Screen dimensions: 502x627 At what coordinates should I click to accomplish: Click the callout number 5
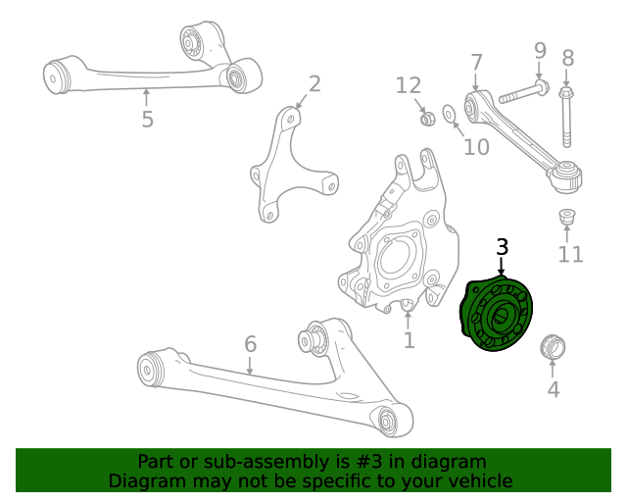coord(147,120)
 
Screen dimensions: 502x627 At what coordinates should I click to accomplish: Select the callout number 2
coord(314,84)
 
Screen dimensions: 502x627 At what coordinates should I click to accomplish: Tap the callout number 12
coord(409,86)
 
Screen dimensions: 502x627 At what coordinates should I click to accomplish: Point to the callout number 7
coord(476,63)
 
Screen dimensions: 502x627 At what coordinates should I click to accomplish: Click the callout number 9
coord(539,50)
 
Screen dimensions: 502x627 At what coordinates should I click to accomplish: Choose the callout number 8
coord(567,58)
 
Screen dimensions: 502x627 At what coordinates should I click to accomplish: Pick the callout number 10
coord(476,147)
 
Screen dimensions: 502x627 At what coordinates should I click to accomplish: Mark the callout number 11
coord(570,255)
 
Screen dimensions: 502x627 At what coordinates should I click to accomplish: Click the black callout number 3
coord(502,247)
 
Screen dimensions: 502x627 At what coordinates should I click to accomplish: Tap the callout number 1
coord(409,340)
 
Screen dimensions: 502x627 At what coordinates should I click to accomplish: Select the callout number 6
coord(250,344)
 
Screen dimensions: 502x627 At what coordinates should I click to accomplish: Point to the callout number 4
coord(554,389)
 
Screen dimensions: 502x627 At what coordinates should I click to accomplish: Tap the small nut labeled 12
coord(427,119)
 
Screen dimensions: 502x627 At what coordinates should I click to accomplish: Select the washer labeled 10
coord(450,115)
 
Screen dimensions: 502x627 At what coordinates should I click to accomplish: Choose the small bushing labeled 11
coord(566,216)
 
